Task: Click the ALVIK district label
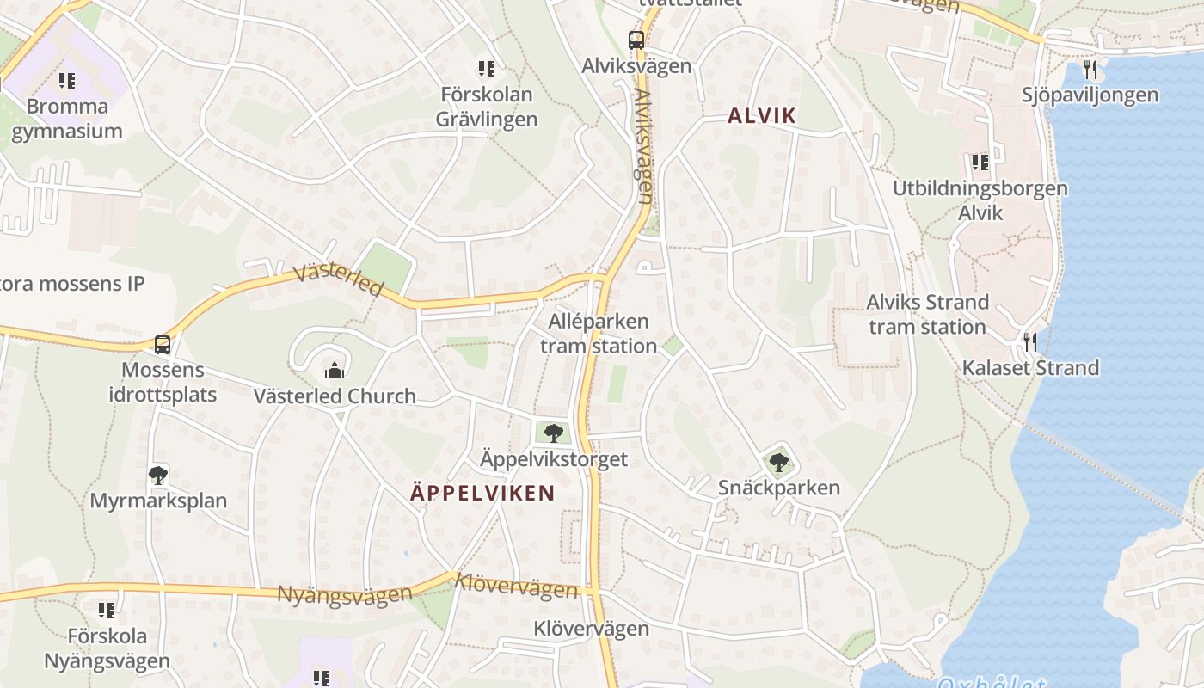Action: (762, 116)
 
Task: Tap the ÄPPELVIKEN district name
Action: (482, 493)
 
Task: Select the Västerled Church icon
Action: (334, 371)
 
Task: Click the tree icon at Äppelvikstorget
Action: (553, 433)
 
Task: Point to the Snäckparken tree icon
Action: (779, 463)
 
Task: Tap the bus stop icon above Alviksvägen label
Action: (636, 40)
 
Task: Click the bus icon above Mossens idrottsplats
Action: (162, 345)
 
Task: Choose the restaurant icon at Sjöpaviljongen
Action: (1090, 69)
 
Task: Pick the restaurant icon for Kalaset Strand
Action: (1030, 341)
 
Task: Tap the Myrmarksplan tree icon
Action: (157, 475)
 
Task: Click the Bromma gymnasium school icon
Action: (66, 82)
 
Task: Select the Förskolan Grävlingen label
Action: (487, 107)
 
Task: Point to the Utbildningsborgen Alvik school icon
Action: (980, 162)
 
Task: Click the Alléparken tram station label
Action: (599, 334)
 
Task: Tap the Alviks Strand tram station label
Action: (927, 314)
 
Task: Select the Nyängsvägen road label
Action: (344, 594)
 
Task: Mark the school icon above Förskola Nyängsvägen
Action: (106, 611)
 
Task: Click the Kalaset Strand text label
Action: (1030, 368)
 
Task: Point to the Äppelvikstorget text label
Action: (553, 459)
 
